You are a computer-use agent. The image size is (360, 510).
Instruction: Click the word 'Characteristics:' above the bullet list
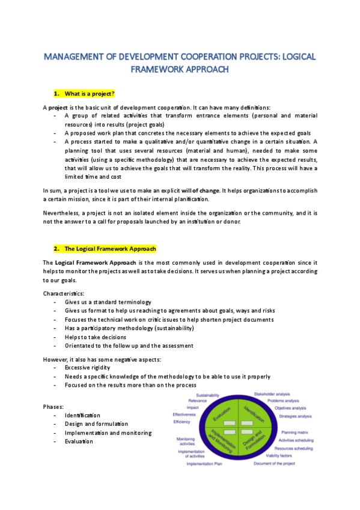click(x=63, y=293)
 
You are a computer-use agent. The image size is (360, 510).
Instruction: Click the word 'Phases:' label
click(x=53, y=407)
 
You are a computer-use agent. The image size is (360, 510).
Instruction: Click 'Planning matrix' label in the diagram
click(x=295, y=432)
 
